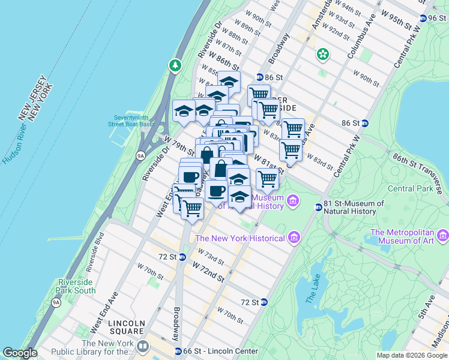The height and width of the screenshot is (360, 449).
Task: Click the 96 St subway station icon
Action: pyautogui.click(x=423, y=19)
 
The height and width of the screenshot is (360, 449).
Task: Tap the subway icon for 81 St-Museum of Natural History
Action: pyautogui.click(x=319, y=207)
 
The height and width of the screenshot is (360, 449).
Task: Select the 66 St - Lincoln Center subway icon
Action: pyautogui.click(x=178, y=351)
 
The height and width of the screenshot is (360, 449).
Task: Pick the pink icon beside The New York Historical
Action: pyautogui.click(x=294, y=238)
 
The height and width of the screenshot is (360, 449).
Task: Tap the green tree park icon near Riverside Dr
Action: pyautogui.click(x=175, y=64)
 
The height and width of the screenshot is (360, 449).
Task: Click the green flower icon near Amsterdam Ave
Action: pyautogui.click(x=324, y=55)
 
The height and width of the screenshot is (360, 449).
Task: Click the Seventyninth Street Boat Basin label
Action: pyautogui.click(x=134, y=121)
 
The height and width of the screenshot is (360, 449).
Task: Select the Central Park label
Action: pyautogui.click(x=410, y=188)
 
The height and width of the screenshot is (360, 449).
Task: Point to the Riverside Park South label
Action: pyautogui.click(x=76, y=286)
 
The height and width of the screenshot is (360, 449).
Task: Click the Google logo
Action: pyautogui.click(x=20, y=353)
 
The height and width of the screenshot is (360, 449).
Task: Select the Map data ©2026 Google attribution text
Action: pyautogui.click(x=411, y=355)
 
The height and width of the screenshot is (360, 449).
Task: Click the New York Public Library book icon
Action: pyautogui.click(x=143, y=347)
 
